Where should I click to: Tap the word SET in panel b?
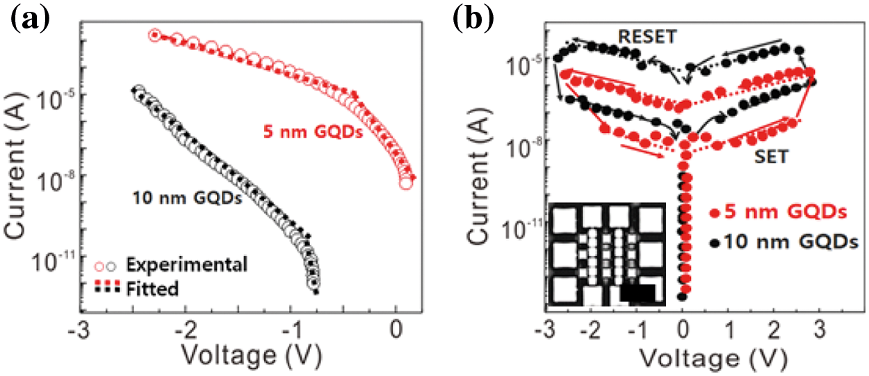pyautogui.click(x=770, y=157)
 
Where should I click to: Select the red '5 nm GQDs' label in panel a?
pyautogui.click(x=314, y=131)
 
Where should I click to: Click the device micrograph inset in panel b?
pyautogui.click(x=606, y=254)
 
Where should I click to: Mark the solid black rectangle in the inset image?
pyautogui.click(x=639, y=294)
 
